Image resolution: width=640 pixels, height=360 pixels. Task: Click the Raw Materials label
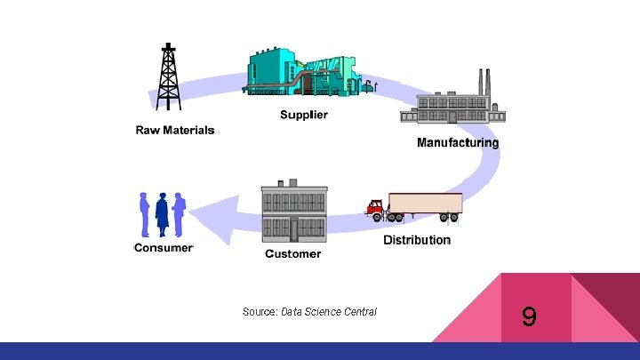pos(175,130)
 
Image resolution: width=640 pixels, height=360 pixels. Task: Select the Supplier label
pos(304,115)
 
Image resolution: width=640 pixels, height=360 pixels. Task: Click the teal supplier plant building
pos(289,71)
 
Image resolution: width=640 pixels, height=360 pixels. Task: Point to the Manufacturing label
pos(458,142)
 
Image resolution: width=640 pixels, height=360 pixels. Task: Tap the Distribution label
pos(417,240)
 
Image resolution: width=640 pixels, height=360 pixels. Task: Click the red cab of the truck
pos(376,210)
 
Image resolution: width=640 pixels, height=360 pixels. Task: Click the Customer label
pos(293,254)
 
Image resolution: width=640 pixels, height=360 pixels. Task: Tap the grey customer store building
pos(293,213)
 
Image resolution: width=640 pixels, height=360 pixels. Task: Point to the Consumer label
pos(163,248)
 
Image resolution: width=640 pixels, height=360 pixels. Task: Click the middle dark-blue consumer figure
pos(162,213)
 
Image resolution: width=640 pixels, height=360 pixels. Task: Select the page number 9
pos(529,316)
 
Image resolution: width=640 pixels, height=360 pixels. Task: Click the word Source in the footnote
pos(259,312)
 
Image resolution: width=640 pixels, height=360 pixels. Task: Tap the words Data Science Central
pos(329,312)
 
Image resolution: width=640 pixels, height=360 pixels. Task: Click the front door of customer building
pos(293,229)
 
